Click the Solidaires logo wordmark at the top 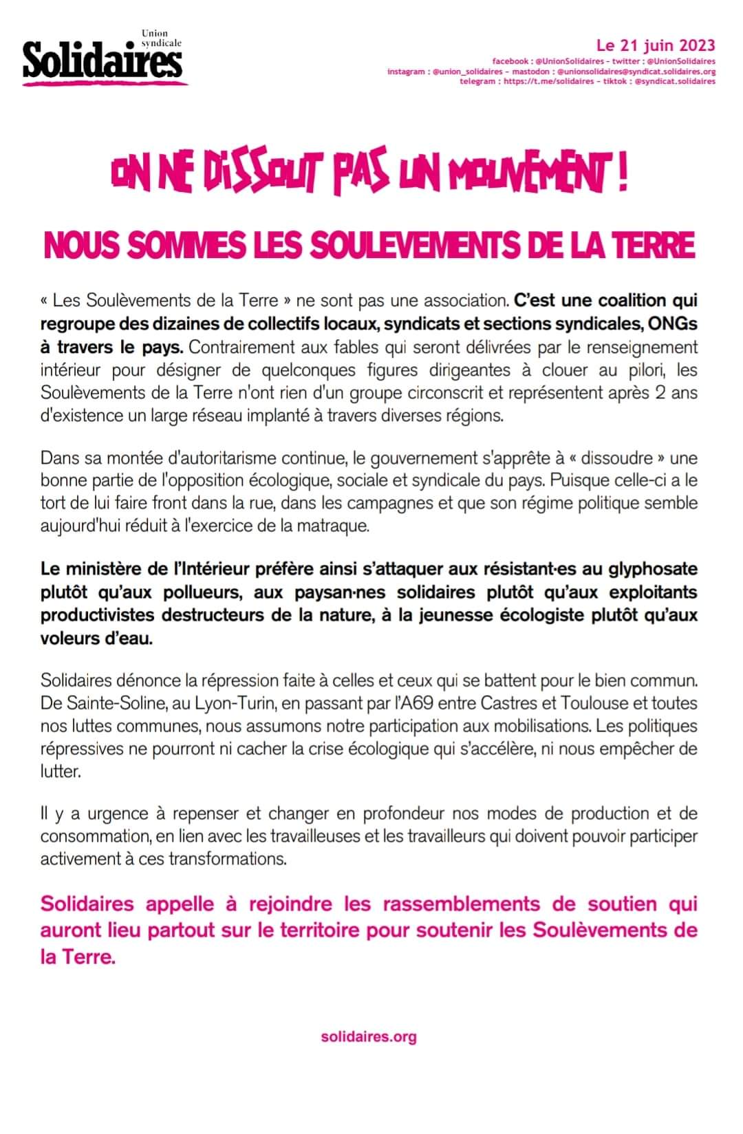click(103, 61)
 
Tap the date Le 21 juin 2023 click(656, 46)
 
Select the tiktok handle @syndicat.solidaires click(674, 81)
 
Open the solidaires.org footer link click(369, 1037)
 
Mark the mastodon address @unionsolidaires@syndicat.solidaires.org click(636, 72)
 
